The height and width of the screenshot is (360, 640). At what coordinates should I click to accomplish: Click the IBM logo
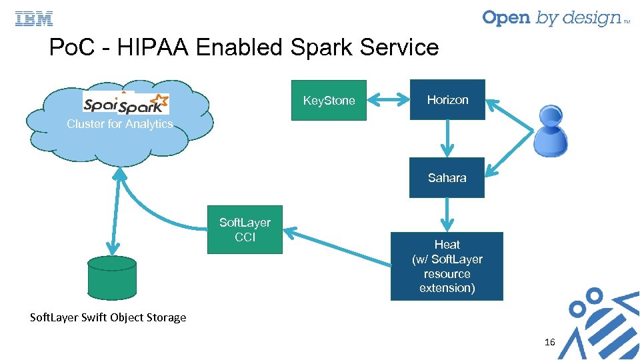tap(34, 19)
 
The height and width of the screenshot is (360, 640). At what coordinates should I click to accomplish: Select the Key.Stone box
tap(329, 101)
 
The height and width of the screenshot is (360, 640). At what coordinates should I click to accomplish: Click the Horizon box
tap(447, 100)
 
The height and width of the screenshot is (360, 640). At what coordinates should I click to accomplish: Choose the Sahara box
tap(447, 178)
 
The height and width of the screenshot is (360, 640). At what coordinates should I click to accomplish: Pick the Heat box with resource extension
tap(447, 266)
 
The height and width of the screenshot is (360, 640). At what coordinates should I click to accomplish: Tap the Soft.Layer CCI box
tap(245, 230)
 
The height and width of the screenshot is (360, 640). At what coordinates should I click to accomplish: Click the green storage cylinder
tap(112, 277)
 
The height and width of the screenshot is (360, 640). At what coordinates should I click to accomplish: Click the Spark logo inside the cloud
tap(143, 104)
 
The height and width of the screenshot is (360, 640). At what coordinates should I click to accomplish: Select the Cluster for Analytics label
tap(120, 124)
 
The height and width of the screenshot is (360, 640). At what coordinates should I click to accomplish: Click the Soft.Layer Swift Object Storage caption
tap(108, 317)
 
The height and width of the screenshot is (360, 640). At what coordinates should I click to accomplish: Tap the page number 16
tap(549, 342)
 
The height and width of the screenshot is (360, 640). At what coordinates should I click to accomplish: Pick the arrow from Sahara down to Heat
tap(447, 215)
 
